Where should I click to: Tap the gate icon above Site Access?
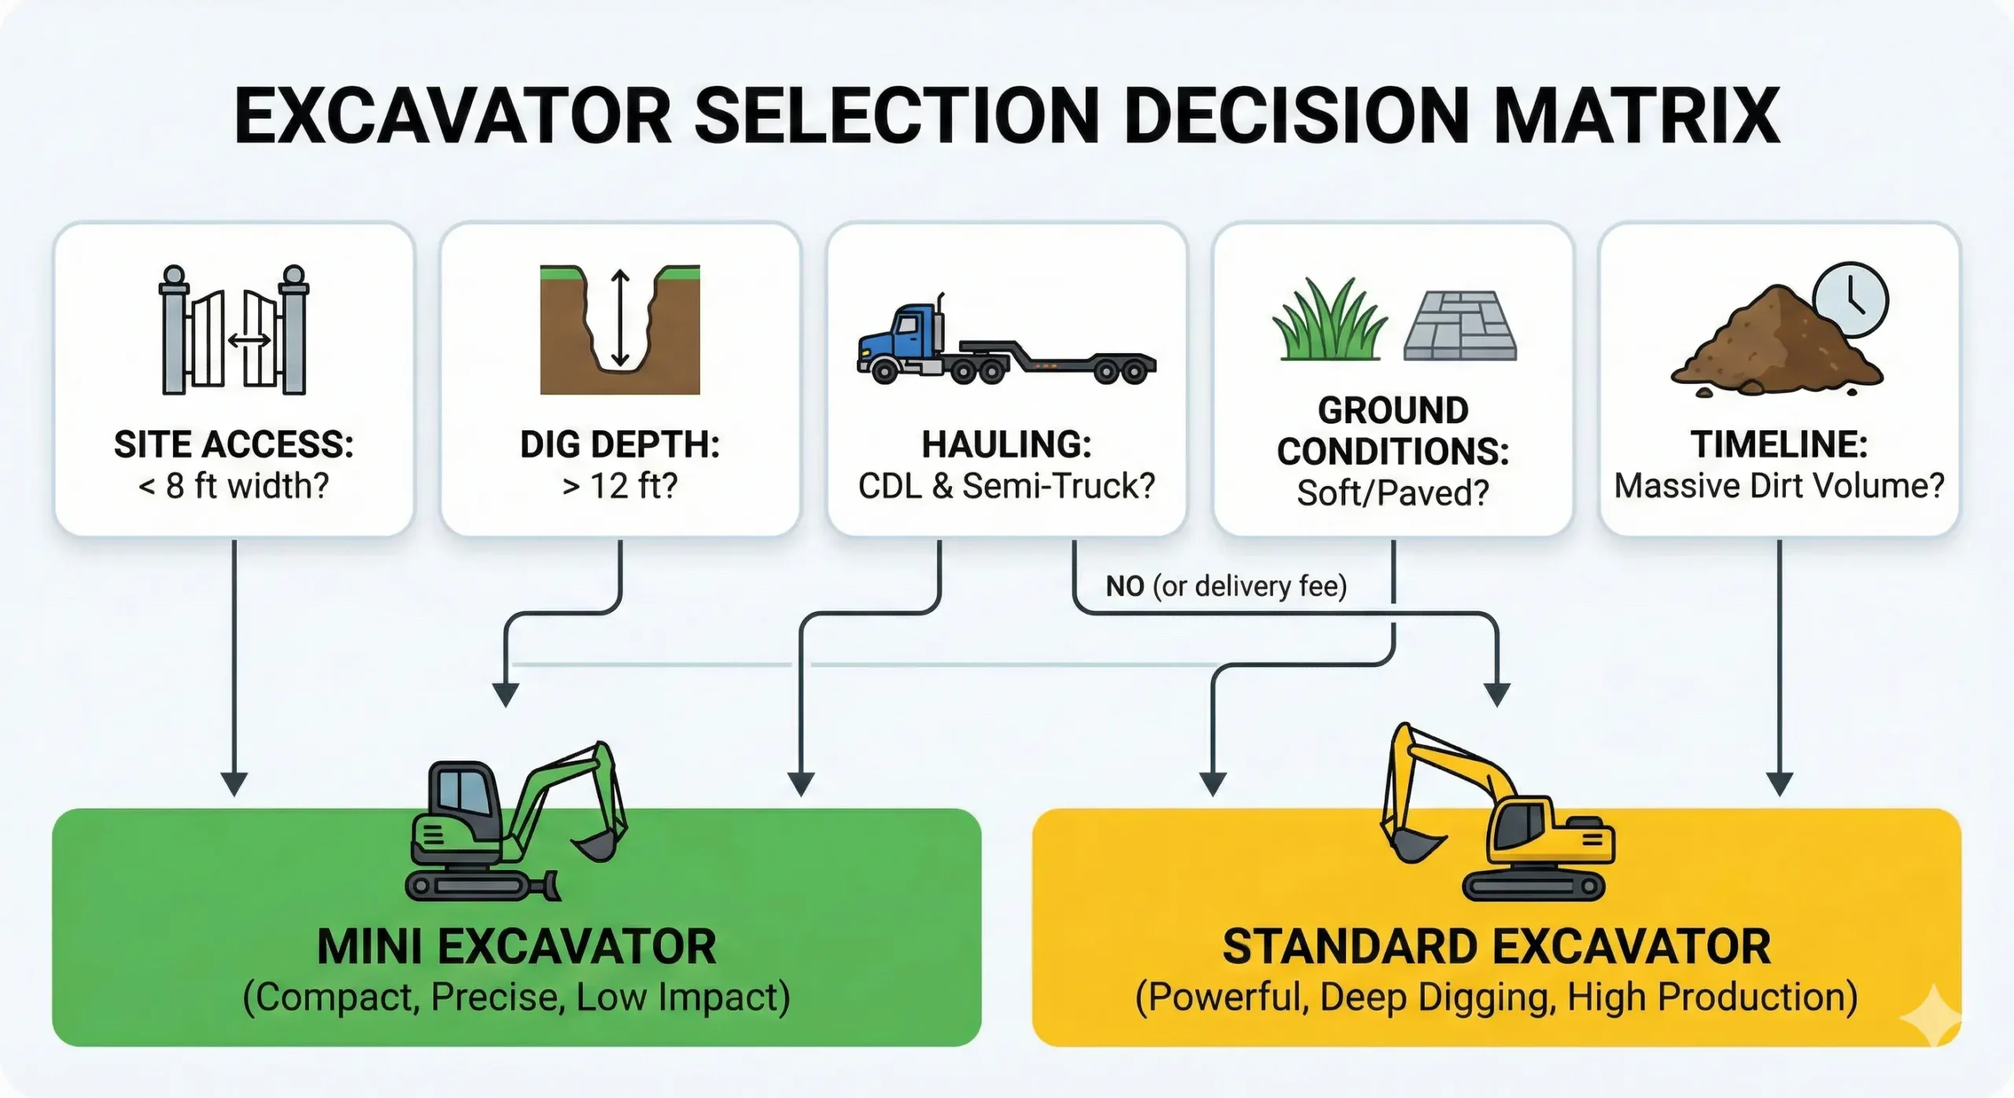point(234,330)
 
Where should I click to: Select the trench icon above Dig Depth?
point(620,330)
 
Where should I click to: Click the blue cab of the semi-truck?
point(905,334)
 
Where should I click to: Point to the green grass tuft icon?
point(1330,322)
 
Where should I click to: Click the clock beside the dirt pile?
point(1850,300)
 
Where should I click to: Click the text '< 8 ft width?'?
point(234,486)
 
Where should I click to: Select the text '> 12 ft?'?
point(620,486)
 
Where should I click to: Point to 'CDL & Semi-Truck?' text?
point(1006,486)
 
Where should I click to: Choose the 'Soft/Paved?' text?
point(1392,493)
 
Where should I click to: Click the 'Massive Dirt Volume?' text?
point(1779,486)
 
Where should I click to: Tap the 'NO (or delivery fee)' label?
point(1226,586)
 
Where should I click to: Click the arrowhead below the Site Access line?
point(234,783)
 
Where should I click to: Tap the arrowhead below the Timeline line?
point(1780,783)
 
